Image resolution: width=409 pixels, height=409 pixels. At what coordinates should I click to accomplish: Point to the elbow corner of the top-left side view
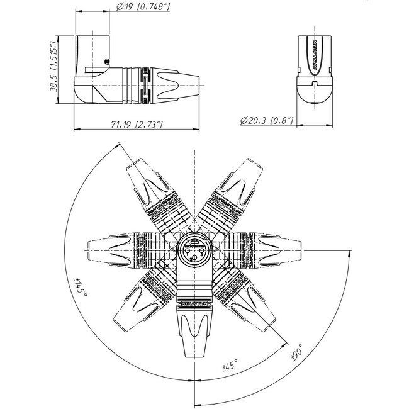click(x=84, y=96)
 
